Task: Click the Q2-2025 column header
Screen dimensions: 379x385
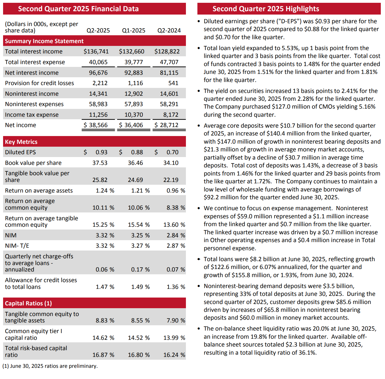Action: click(x=98, y=31)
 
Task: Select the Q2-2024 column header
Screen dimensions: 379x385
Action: click(x=169, y=31)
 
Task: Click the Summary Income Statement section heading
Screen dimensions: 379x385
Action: click(x=44, y=41)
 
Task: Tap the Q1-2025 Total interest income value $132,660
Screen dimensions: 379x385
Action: click(x=132, y=52)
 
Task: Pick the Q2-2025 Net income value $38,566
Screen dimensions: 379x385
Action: click(x=96, y=125)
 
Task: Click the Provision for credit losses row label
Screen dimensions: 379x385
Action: click(x=39, y=83)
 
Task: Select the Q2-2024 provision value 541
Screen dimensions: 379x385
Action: click(x=173, y=83)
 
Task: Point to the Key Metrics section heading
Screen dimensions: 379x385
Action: click(x=21, y=142)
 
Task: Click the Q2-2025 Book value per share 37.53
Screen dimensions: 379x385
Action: click(x=100, y=163)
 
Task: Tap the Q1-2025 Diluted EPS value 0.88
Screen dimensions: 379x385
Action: click(x=137, y=152)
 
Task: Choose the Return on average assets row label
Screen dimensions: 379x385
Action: click(x=39, y=191)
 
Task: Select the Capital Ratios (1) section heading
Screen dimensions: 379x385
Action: click(x=28, y=303)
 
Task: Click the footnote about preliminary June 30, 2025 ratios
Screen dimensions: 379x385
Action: click(x=50, y=366)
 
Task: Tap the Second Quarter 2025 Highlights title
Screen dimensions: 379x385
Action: click(x=266, y=9)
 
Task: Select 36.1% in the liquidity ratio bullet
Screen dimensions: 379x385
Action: click(x=307, y=353)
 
